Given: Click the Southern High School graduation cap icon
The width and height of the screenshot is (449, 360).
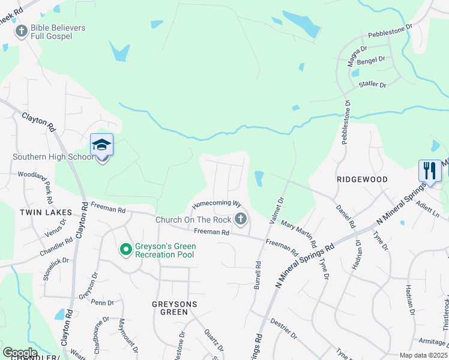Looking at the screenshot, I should (x=101, y=145).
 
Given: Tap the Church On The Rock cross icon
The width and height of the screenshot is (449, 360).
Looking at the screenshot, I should (x=241, y=219).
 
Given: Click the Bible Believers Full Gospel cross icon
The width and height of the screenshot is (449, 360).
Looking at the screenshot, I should (x=22, y=31).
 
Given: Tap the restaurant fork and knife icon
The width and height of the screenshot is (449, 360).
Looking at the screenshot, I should (x=429, y=170).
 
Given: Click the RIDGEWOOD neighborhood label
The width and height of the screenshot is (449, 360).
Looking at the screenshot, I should (x=362, y=179).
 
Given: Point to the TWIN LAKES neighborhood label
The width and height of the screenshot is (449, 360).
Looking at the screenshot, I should (x=46, y=212).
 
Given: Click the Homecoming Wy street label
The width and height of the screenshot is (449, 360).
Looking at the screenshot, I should (x=216, y=205).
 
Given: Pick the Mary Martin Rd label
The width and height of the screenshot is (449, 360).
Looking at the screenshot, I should (x=298, y=235).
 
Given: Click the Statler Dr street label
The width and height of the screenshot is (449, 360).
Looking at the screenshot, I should (x=372, y=85).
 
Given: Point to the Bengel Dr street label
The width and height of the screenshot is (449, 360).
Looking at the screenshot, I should (x=371, y=60).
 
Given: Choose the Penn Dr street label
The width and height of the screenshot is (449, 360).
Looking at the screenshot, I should (x=98, y=302).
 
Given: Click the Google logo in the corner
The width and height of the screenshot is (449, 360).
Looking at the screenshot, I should (x=20, y=352).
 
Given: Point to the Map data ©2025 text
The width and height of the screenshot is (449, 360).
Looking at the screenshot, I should (x=423, y=355).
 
